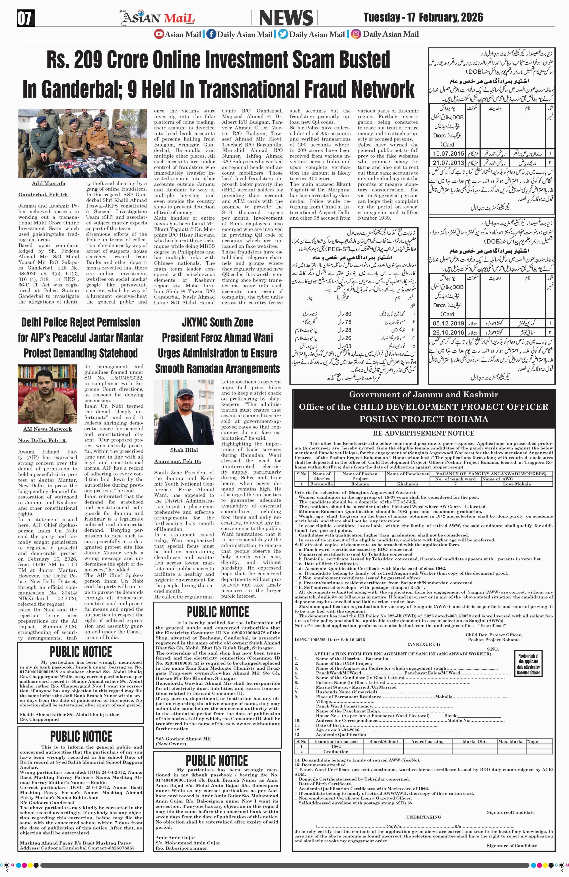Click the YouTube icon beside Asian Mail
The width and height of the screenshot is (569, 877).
point(159,34)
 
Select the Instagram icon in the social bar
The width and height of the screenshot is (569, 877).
point(356,34)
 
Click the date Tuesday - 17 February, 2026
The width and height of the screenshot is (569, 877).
point(423,17)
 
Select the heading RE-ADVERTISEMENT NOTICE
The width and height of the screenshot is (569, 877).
point(424,433)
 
